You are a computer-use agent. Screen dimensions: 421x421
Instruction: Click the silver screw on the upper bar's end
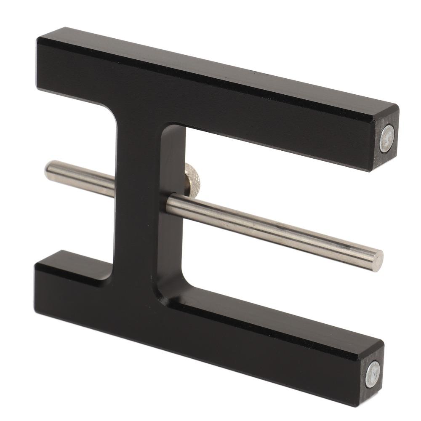click(386, 139)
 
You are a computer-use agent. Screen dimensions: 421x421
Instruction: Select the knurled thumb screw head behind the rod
click(192, 177)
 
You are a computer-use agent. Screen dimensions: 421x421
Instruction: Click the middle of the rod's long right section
click(274, 229)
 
